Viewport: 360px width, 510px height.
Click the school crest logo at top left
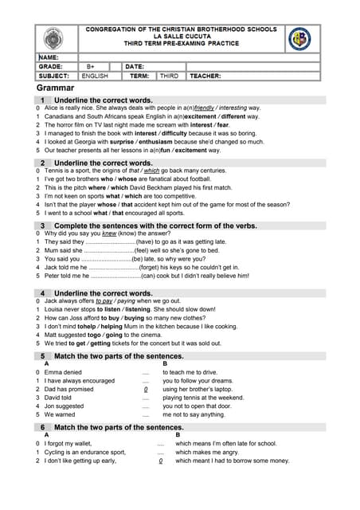[56, 38]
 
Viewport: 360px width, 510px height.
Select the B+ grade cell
[91, 67]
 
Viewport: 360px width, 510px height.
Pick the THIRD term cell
[169, 76]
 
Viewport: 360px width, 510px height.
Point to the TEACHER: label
[205, 76]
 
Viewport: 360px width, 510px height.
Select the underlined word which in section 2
[151, 171]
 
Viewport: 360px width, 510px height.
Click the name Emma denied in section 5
[63, 372]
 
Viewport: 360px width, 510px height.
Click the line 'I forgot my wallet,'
[68, 443]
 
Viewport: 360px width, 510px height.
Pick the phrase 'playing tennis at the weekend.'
[203, 397]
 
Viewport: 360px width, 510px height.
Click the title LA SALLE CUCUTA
[181, 37]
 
